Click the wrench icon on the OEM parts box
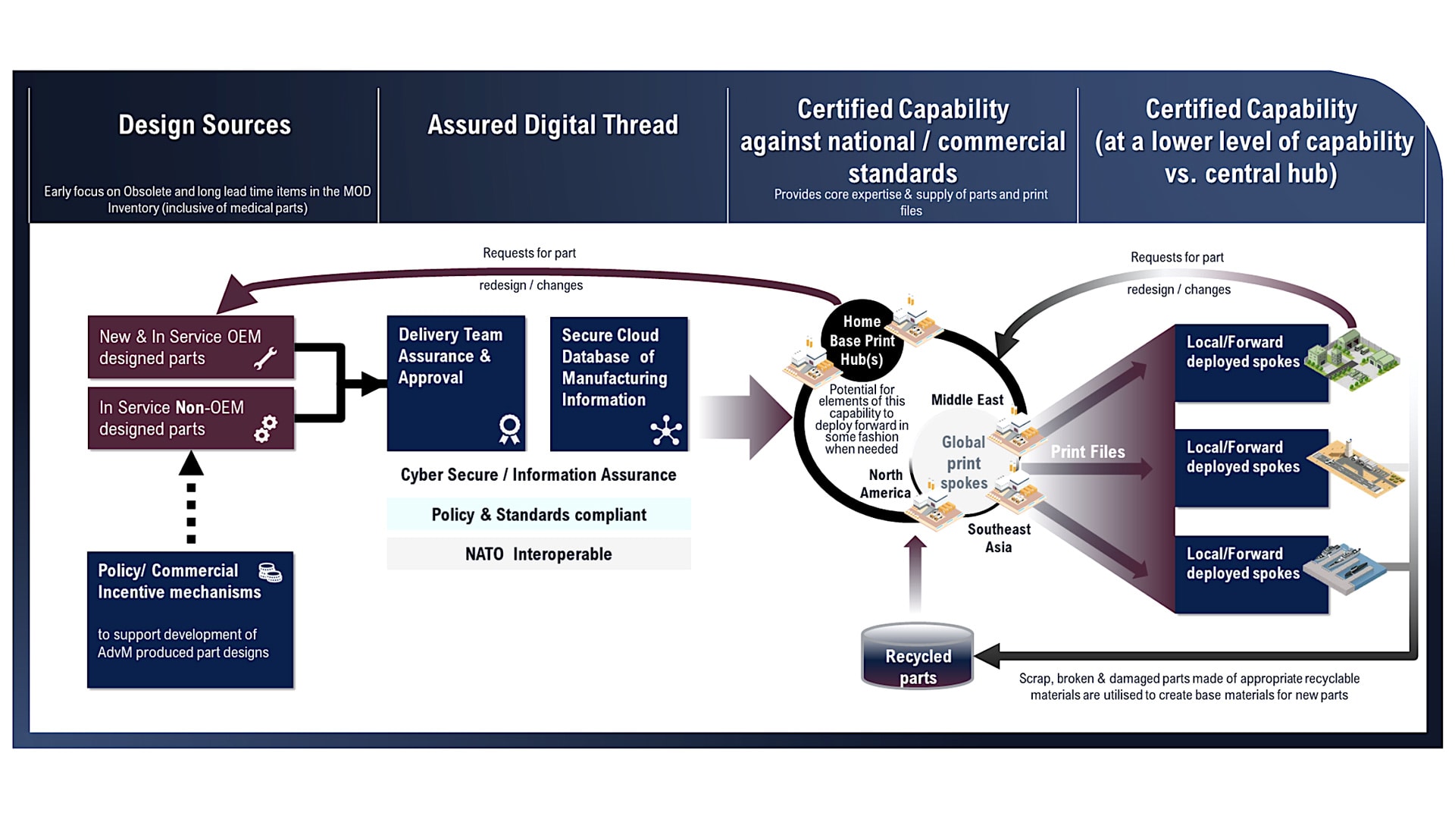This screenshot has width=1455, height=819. [x=265, y=358]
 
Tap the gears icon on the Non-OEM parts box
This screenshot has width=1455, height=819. [x=266, y=428]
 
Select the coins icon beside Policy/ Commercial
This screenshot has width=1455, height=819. [x=271, y=573]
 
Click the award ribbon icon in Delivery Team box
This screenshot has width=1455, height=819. [x=509, y=428]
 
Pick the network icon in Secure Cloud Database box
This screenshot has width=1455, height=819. [x=666, y=430]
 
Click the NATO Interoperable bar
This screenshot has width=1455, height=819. [x=539, y=554]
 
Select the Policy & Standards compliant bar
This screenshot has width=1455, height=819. [x=539, y=514]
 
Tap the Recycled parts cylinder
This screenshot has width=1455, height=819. [x=918, y=656]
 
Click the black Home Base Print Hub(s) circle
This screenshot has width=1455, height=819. [x=862, y=341]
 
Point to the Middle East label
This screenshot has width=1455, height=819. [x=967, y=400]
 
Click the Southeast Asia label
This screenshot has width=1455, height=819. [x=999, y=538]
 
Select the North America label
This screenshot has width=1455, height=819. [x=885, y=484]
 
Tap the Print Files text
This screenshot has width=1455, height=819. [x=1087, y=452]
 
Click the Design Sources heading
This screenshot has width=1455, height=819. [x=205, y=125]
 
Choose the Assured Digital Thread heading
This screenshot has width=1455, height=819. [x=552, y=125]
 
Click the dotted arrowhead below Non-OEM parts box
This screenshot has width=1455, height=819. [x=191, y=463]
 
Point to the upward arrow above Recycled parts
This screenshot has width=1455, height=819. [x=915, y=574]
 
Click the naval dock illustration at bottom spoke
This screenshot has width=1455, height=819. [x=1350, y=567]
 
